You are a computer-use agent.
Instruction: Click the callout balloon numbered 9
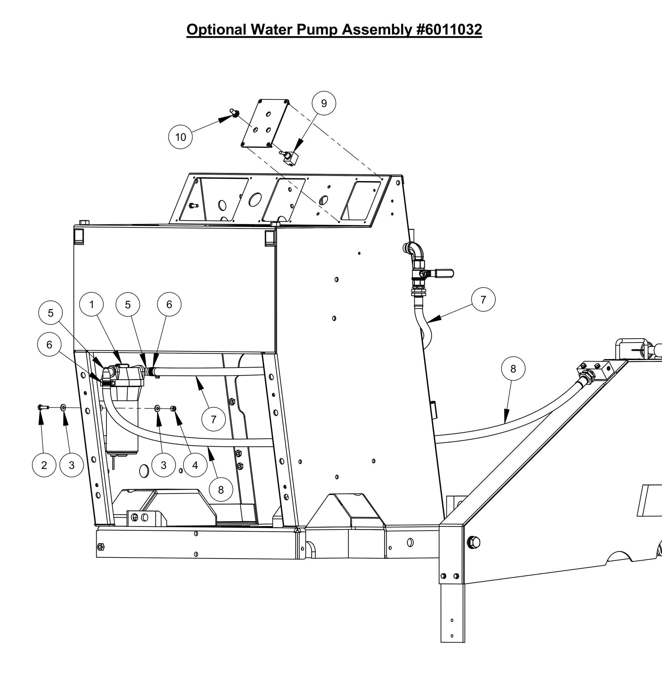pyautogui.click(x=324, y=103)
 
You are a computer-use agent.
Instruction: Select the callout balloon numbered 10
pyautogui.click(x=180, y=137)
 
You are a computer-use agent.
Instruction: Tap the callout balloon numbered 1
pyautogui.click(x=92, y=305)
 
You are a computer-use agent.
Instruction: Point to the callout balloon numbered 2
pyautogui.click(x=44, y=465)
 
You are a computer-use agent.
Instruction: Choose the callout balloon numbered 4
pyautogui.click(x=195, y=465)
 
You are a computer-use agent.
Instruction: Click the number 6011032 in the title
pyautogui.click(x=449, y=30)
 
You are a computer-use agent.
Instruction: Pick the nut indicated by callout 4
pyautogui.click(x=174, y=408)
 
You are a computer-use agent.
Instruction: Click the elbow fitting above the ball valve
pyautogui.click(x=415, y=251)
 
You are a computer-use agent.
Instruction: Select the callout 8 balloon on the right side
pyautogui.click(x=513, y=369)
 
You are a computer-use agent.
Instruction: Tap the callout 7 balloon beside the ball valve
pyautogui.click(x=483, y=300)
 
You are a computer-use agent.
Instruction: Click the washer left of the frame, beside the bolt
pyautogui.click(x=63, y=407)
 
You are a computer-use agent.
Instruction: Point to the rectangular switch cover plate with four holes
pyautogui.click(x=265, y=124)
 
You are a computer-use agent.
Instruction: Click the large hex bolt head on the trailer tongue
pyautogui.click(x=474, y=542)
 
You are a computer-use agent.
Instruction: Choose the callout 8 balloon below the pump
pyautogui.click(x=221, y=490)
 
